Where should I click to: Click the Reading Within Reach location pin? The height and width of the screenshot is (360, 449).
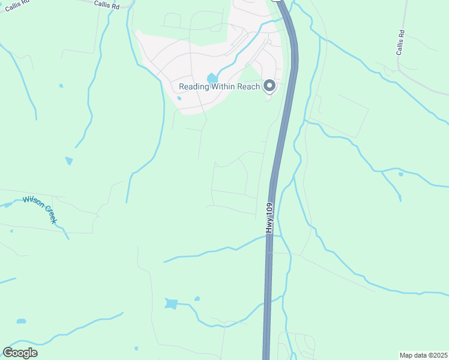click(x=270, y=86)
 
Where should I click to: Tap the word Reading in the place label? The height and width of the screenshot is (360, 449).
click(x=194, y=86)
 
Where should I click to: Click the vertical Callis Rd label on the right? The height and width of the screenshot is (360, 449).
click(x=400, y=43)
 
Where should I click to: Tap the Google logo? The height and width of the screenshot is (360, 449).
click(x=20, y=353)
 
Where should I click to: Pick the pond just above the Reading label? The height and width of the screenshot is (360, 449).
click(x=212, y=78)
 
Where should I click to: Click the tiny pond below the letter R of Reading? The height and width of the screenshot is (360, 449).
click(x=179, y=98)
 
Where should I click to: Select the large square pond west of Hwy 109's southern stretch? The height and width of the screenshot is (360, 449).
click(x=172, y=304)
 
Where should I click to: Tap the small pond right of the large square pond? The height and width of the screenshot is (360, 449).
click(x=197, y=298)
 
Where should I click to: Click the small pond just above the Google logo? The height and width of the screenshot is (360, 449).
click(x=22, y=321)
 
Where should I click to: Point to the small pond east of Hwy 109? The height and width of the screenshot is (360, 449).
click(x=400, y=174)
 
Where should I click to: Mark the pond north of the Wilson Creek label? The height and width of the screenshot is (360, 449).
click(x=69, y=161)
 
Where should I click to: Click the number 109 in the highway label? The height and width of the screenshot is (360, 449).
click(x=270, y=209)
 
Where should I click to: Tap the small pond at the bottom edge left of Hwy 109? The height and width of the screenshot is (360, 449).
click(x=136, y=348)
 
